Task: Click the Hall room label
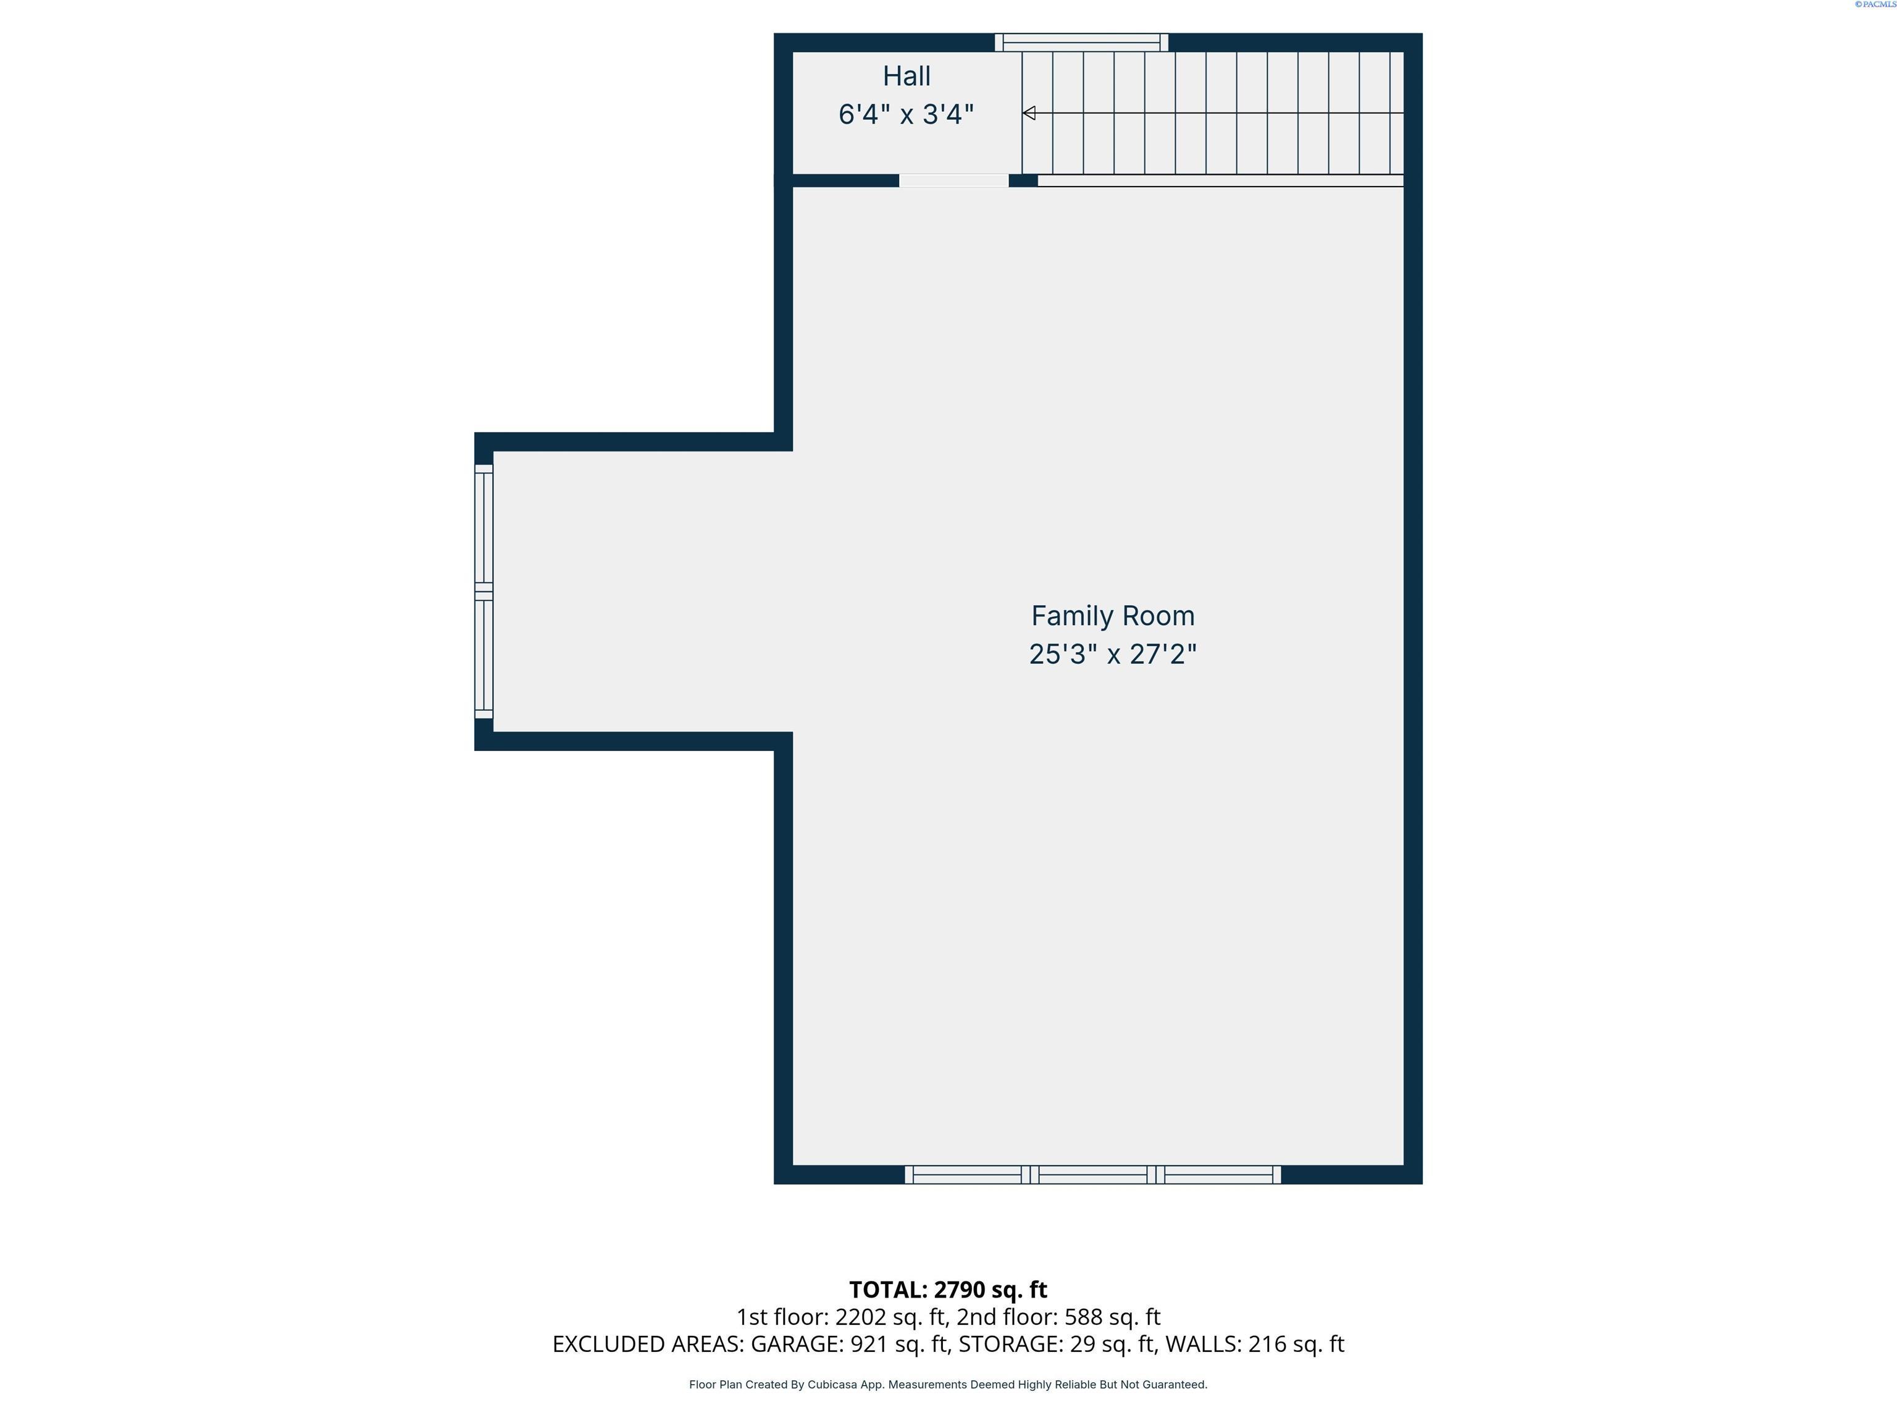907,77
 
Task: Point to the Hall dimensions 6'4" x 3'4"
907,114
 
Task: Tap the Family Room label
1112,616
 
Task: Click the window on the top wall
1081,42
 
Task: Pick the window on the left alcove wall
484,592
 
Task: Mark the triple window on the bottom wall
1092,1175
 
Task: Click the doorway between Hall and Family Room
953,180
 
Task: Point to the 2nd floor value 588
1083,1317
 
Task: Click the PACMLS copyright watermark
1875,4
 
